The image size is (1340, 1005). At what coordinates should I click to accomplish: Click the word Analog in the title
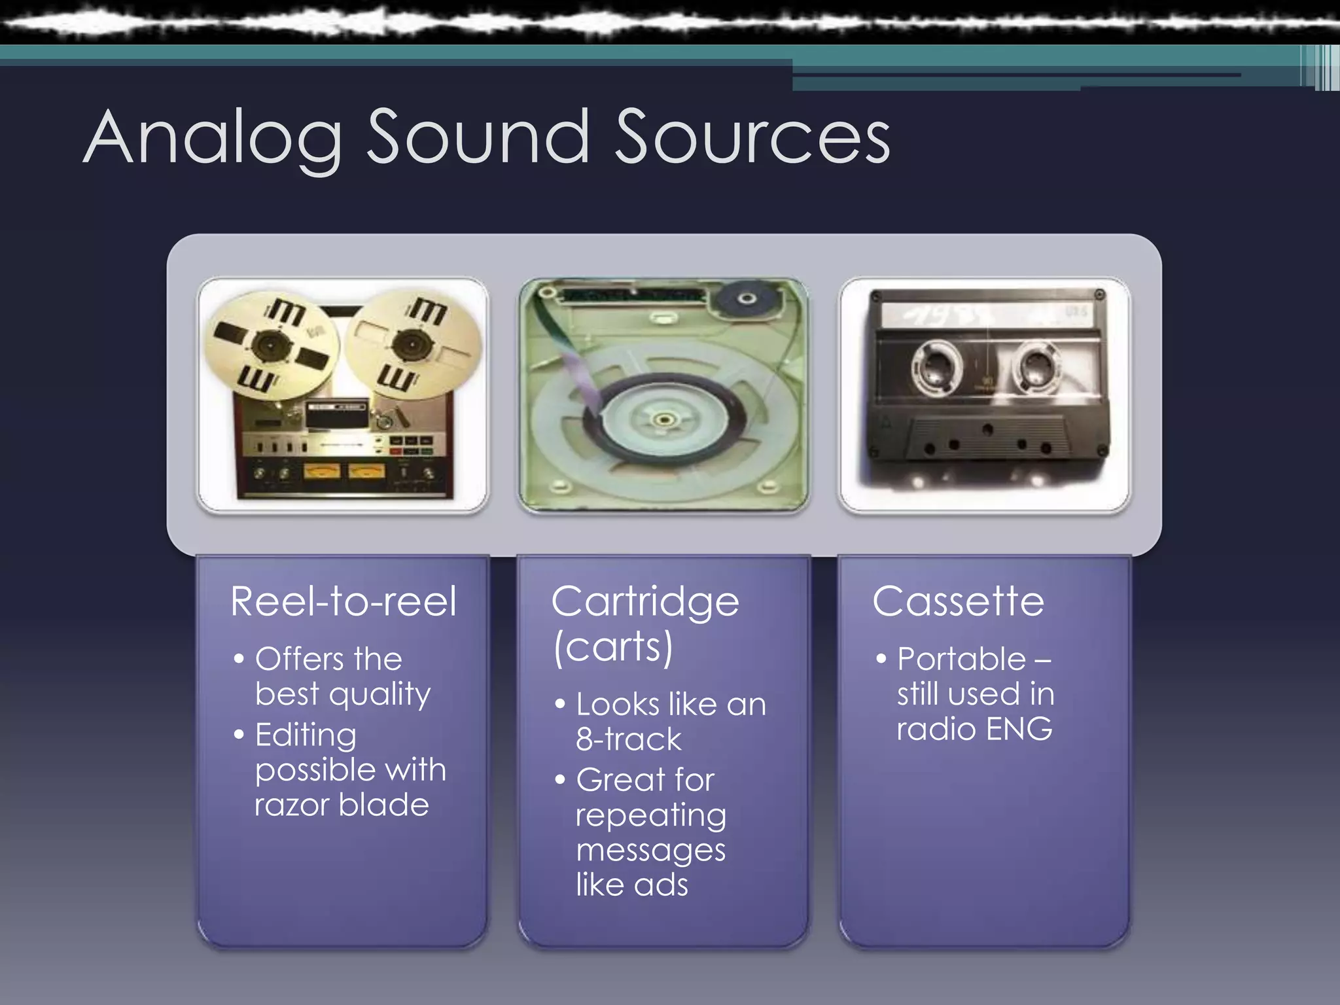[213, 139]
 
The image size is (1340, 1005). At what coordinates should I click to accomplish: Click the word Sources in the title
[752, 139]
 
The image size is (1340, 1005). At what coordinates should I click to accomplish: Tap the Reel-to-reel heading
[344, 601]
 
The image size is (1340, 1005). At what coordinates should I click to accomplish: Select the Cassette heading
[958, 601]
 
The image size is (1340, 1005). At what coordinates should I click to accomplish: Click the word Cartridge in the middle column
[645, 603]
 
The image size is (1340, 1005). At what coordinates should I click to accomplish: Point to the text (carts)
[613, 648]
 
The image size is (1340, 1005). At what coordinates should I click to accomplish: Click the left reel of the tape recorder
[270, 344]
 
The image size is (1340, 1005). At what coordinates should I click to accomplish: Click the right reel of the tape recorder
[412, 344]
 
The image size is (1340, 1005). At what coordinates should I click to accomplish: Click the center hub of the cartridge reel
[663, 419]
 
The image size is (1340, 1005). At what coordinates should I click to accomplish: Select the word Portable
[961, 659]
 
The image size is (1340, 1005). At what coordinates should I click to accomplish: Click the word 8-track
[628, 740]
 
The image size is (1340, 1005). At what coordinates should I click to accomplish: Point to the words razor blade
[342, 805]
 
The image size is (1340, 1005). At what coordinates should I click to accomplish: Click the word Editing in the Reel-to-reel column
[306, 735]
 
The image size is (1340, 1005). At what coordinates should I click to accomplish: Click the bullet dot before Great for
[559, 779]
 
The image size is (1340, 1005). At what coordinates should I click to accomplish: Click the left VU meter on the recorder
[322, 470]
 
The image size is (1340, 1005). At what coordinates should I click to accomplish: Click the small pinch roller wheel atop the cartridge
[747, 299]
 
